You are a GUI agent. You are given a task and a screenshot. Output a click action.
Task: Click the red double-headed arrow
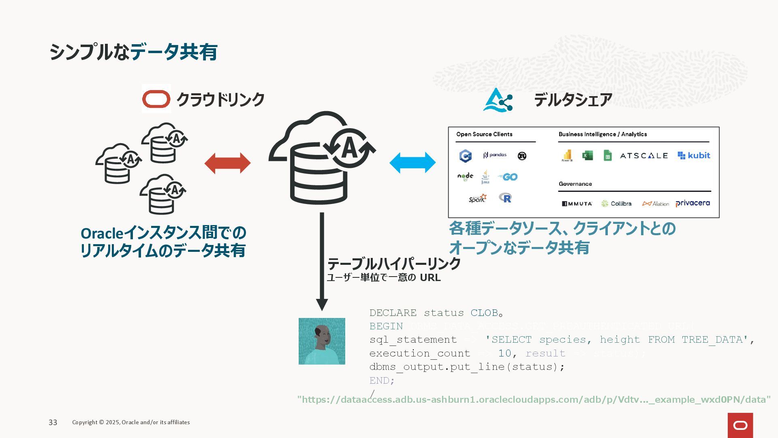227,163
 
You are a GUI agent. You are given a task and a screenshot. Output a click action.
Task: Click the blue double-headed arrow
413,163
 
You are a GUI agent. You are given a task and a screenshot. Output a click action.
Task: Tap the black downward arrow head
322,305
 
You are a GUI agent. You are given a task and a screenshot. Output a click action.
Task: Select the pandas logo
495,155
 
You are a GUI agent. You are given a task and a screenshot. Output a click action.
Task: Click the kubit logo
694,155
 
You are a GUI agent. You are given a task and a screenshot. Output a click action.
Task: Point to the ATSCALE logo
643,156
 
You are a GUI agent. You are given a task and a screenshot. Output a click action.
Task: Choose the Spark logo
477,198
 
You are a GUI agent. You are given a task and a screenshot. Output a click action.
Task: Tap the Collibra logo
616,204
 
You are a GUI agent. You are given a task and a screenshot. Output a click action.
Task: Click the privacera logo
693,203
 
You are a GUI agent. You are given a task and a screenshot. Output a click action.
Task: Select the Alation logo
655,204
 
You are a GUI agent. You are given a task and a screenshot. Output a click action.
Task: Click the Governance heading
575,184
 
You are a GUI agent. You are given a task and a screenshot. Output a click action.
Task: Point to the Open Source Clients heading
484,134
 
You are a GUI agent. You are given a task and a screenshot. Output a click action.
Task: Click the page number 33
53,423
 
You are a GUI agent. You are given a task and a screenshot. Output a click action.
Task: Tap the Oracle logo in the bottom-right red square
740,425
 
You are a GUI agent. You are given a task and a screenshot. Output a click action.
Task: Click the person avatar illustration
322,341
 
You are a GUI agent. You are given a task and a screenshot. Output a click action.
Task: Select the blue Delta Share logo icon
498,100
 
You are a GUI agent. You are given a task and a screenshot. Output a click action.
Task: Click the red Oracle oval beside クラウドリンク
156,99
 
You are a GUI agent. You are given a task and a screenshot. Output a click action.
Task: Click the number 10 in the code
504,353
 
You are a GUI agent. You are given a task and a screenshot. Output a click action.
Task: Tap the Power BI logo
567,156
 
